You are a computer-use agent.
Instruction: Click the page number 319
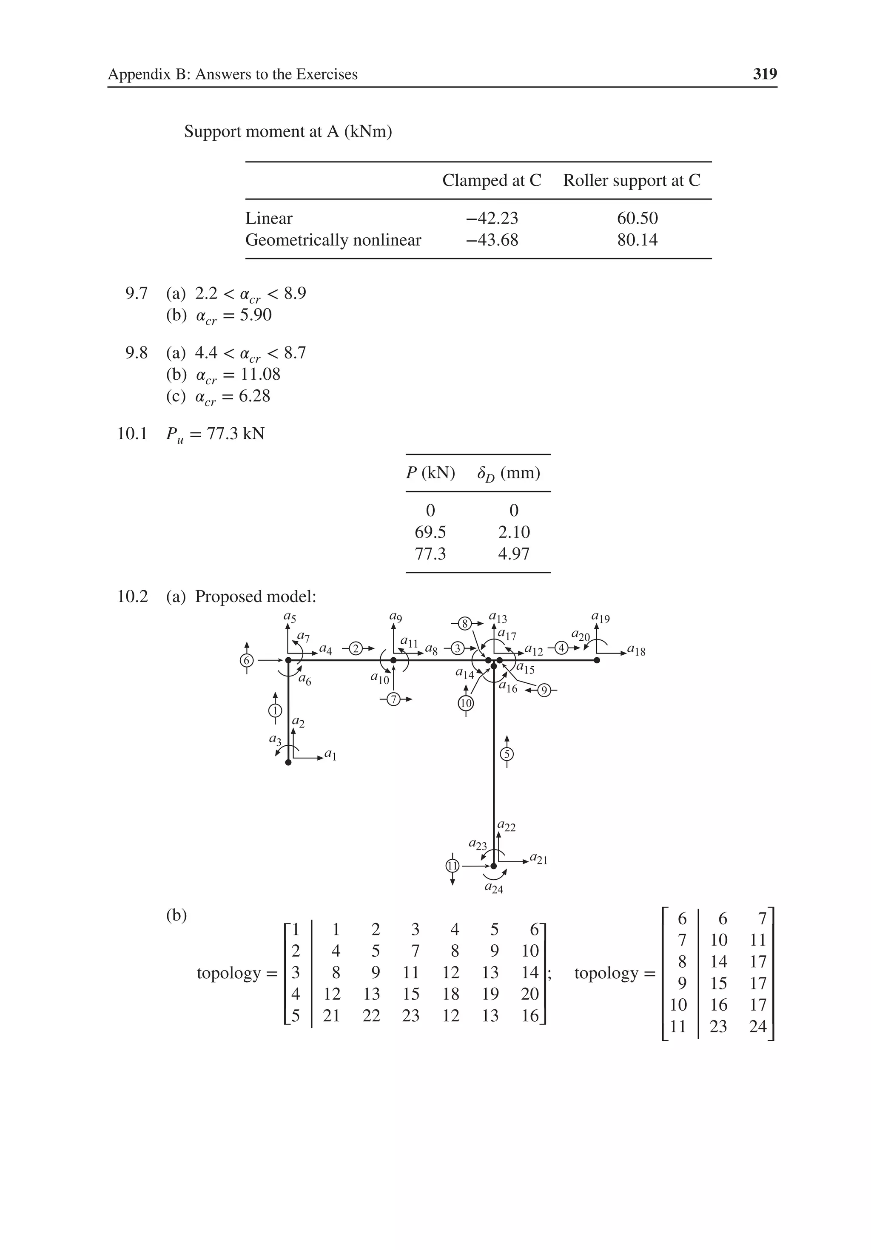point(764,74)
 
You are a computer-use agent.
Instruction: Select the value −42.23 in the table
point(492,218)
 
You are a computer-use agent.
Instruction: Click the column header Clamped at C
point(491,180)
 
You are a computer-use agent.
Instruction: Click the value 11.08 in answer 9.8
point(260,374)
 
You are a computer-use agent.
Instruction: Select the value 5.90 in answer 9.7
point(256,315)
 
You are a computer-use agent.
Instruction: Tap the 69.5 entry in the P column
point(430,532)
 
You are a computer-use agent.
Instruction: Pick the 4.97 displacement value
point(514,554)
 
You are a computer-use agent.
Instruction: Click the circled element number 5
point(507,754)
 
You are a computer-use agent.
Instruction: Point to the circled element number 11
point(452,865)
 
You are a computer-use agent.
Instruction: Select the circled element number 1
point(275,710)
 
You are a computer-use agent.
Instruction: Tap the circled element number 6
point(247,660)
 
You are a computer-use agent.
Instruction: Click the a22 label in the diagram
point(507,827)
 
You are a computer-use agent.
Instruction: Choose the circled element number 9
point(544,691)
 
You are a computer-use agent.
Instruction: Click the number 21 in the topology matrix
point(331,1015)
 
